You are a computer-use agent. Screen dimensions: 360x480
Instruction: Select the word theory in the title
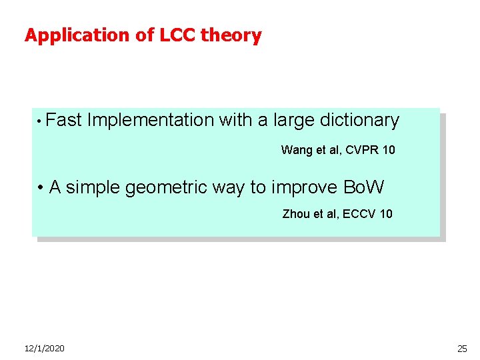point(232,35)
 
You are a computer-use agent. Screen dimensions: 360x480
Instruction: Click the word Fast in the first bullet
point(65,121)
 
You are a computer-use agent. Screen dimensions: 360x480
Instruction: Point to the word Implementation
point(151,121)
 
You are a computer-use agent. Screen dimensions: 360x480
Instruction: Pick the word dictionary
point(359,121)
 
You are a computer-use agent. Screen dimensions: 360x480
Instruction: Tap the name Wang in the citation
point(295,150)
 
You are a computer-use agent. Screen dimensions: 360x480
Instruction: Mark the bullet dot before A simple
point(41,188)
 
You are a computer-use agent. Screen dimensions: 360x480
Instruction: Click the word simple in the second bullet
point(93,188)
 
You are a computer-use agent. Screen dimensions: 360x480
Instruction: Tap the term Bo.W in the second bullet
point(363,188)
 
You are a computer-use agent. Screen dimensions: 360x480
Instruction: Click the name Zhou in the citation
point(296,214)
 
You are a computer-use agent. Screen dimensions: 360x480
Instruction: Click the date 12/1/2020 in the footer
point(45,348)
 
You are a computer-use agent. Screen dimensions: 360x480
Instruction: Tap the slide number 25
point(462,348)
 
